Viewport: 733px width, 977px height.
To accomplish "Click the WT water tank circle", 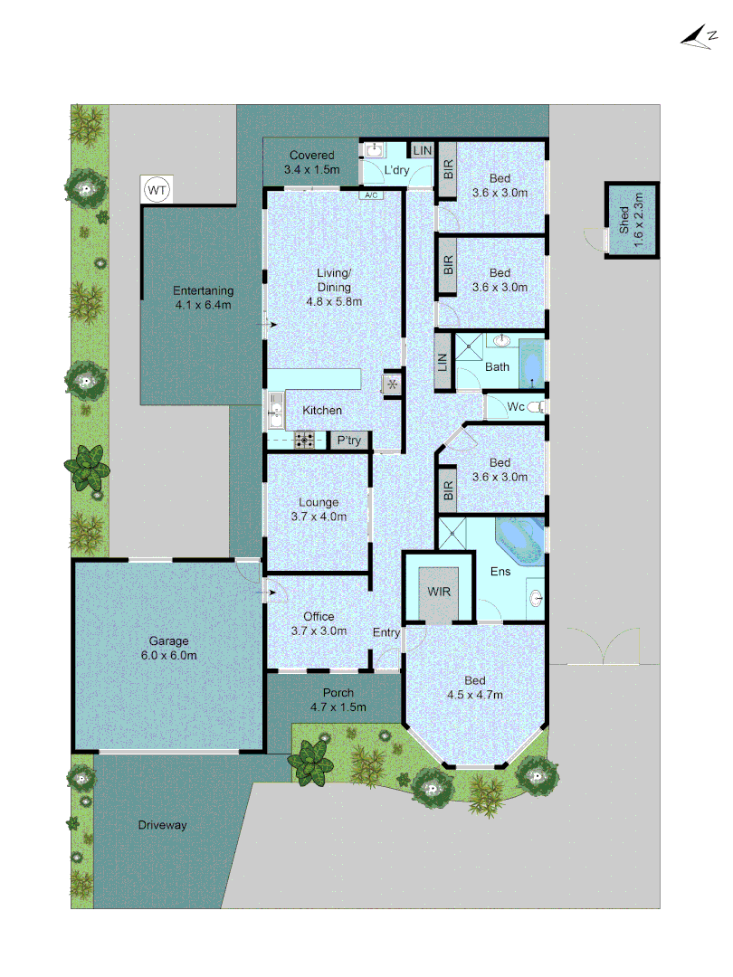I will [x=157, y=190].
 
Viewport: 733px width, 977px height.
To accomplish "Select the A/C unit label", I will [x=370, y=195].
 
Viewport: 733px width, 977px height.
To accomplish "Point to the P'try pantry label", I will [x=348, y=441].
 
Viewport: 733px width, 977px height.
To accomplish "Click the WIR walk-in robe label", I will [x=439, y=591].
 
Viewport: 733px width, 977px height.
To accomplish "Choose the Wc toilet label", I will [x=517, y=407].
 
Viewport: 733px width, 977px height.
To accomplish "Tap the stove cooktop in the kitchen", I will [x=304, y=441].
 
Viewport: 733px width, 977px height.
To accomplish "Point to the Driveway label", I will [x=163, y=825].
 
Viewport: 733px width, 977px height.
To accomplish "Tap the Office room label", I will [x=319, y=617].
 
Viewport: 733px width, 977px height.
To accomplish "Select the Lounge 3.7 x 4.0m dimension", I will [x=319, y=517].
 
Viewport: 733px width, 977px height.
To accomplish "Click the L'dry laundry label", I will [x=398, y=170].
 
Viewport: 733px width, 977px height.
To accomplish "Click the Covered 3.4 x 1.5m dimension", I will [x=311, y=169].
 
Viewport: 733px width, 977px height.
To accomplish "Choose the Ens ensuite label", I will [x=500, y=572].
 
